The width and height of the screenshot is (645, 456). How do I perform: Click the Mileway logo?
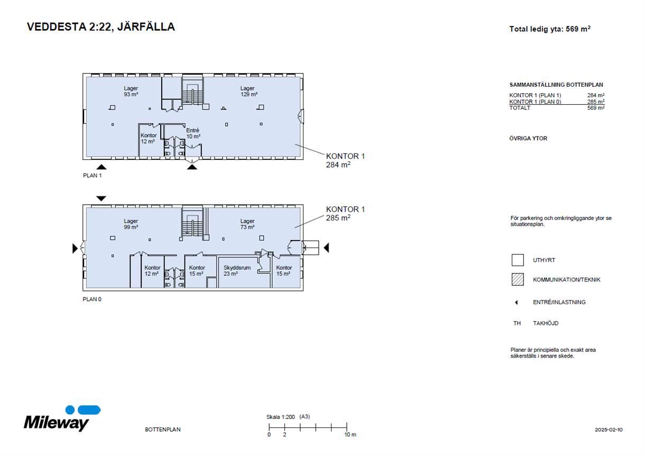(62, 418)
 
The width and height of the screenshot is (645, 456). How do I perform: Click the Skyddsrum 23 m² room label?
(237, 270)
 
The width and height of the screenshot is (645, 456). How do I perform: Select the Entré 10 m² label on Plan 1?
(193, 133)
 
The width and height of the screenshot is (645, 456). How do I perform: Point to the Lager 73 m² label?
(247, 224)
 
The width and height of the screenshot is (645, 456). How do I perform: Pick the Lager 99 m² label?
(131, 224)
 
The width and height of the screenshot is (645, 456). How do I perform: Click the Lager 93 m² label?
(131, 92)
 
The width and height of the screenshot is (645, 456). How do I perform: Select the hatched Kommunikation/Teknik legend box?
(518, 279)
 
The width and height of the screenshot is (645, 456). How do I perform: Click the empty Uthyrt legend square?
(518, 260)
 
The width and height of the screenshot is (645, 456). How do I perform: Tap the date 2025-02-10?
(609, 430)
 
